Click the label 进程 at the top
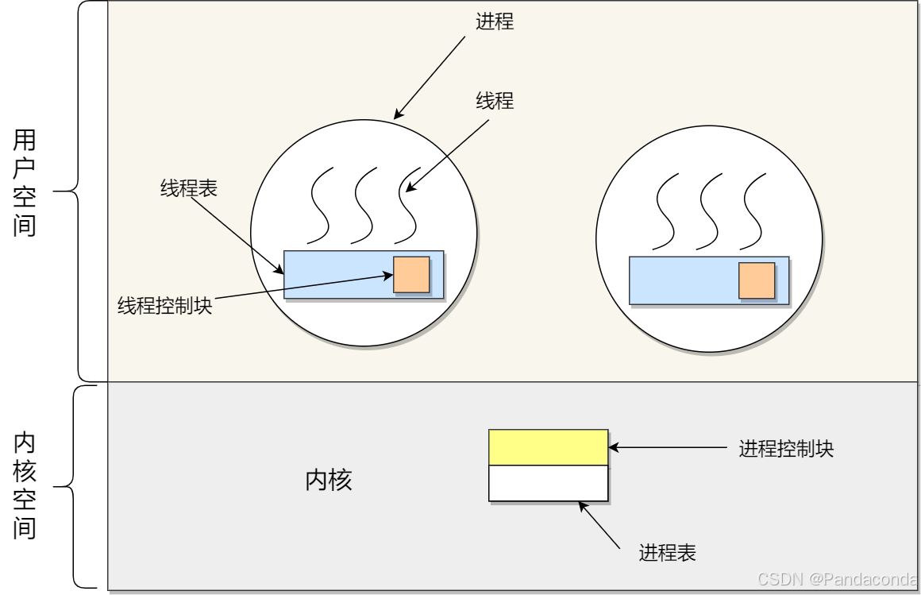[495, 21]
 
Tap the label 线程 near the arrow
[495, 101]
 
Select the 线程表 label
[189, 188]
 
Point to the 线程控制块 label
[165, 306]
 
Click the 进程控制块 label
[786, 449]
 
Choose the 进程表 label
[667, 553]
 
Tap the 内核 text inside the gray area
[329, 481]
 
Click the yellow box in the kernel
[548, 447]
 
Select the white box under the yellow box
[548, 483]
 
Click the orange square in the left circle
[411, 274]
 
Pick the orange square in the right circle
[757, 280]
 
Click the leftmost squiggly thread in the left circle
[319, 205]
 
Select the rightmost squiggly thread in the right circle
[754, 211]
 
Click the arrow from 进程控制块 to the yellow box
[667, 448]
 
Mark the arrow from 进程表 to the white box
[599, 524]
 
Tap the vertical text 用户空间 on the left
[25, 184]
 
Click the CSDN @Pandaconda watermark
[838, 579]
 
